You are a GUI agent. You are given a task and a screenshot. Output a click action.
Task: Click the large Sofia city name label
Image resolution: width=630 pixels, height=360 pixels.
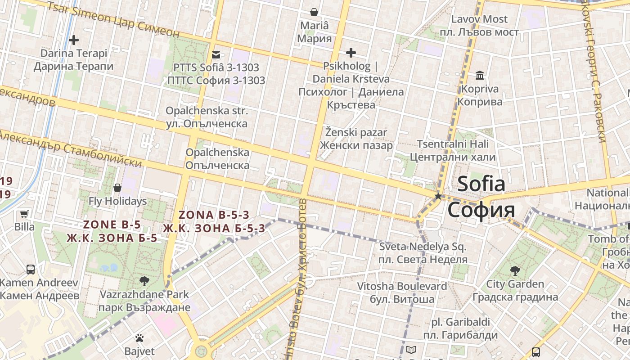481,197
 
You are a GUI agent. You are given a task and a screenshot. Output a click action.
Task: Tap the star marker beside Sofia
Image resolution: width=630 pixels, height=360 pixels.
438,196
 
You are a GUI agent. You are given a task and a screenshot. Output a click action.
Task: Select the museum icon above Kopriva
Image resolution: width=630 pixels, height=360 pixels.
480,75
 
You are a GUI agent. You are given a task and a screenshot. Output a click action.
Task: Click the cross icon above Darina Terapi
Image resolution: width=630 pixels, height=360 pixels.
74,40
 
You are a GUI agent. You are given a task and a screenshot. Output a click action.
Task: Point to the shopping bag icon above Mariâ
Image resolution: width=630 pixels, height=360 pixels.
314,12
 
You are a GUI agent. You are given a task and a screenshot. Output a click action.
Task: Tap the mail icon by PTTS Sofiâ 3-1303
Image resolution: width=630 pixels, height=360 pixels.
216,55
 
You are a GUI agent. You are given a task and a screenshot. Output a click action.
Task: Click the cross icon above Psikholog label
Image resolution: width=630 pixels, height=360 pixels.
351,53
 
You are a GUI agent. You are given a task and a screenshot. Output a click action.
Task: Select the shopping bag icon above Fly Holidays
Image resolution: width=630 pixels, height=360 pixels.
117,188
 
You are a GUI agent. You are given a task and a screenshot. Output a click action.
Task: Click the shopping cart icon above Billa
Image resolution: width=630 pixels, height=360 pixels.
24,214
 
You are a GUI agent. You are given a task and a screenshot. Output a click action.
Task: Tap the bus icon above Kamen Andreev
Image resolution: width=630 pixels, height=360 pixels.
31,270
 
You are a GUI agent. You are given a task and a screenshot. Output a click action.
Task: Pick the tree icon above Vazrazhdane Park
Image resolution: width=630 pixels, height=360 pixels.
144,282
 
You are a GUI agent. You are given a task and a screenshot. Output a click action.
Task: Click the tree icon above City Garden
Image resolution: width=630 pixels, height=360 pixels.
515,271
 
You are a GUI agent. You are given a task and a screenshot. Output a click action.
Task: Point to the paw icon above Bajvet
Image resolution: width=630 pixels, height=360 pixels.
139,338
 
